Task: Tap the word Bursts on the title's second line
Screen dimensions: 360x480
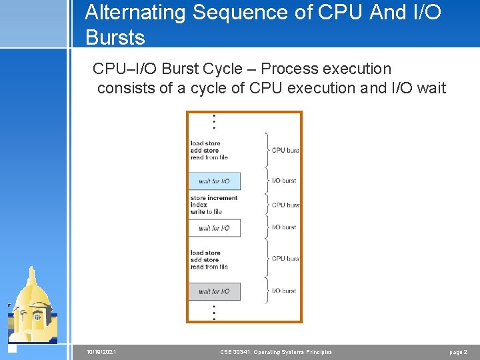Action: coord(115,37)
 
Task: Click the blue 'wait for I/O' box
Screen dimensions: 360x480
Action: coord(214,181)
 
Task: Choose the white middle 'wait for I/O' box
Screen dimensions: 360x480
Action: coord(214,228)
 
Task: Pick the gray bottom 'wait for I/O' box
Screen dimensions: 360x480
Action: coord(214,291)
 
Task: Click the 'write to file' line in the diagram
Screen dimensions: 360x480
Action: coord(206,211)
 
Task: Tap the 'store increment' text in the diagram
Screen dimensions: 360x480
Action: coord(213,198)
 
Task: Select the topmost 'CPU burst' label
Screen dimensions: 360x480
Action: coord(285,150)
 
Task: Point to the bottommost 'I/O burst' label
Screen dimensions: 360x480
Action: coord(284,291)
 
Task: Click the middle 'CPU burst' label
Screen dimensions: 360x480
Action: coord(285,205)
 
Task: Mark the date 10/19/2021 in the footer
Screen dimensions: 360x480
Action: coord(101,352)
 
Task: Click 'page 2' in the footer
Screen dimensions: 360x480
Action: coord(458,352)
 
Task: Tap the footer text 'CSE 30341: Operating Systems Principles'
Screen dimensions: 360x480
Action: coord(275,352)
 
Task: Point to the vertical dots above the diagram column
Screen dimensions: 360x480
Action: coord(214,121)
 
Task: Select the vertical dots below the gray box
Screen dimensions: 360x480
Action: coord(214,311)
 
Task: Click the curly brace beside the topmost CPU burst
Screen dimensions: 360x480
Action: coord(267,150)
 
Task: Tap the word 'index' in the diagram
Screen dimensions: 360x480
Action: coord(199,205)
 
